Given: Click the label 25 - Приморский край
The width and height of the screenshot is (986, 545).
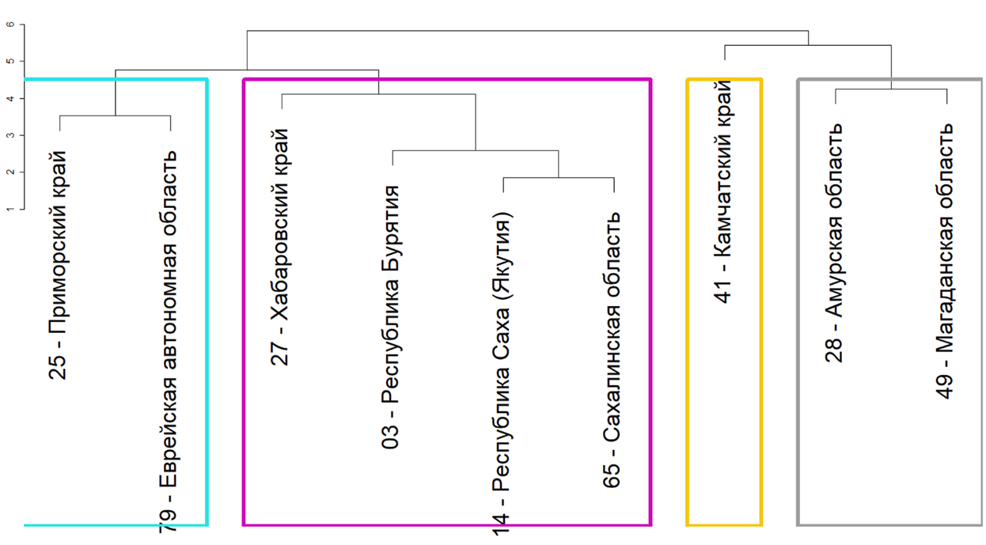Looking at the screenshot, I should coord(59,265).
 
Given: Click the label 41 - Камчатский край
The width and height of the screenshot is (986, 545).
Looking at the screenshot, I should coord(724,195).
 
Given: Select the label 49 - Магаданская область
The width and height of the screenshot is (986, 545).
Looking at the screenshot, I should coord(946,261).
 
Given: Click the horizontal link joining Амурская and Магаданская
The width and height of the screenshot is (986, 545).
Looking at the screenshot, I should coord(890,89).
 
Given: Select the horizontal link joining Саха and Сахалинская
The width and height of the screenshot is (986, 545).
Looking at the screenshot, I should coord(559,178).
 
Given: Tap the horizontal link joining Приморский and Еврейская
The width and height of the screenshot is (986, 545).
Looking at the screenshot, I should coord(115,116).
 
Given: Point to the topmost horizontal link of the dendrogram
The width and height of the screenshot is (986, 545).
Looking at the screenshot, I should coord(527,31).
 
